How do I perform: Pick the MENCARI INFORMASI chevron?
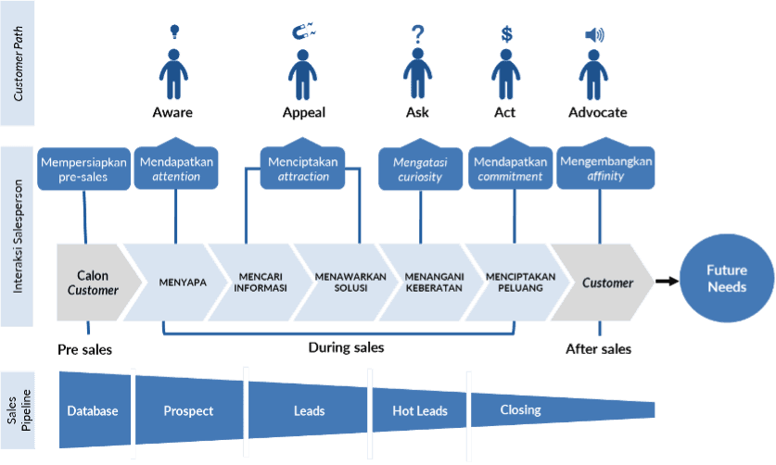click(261, 283)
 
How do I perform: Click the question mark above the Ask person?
click(416, 35)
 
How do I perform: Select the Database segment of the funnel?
click(93, 410)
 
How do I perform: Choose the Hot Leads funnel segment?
click(419, 410)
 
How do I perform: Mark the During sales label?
click(346, 348)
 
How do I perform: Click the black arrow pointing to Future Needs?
click(666, 281)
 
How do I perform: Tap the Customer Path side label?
click(18, 64)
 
